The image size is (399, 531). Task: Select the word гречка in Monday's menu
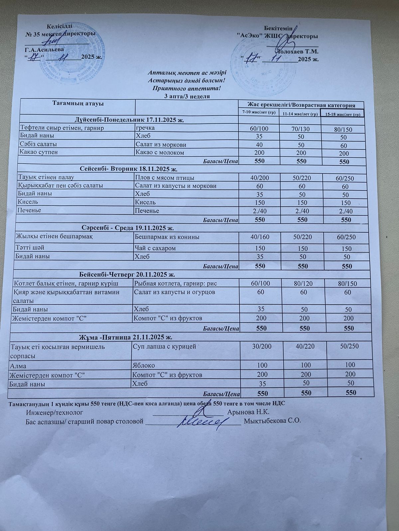click(145, 128)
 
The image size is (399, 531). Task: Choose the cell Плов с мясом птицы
click(165, 178)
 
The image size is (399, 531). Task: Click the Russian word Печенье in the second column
click(147, 211)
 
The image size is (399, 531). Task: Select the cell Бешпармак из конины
click(167, 237)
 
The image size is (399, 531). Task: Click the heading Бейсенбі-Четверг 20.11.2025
click(127, 274)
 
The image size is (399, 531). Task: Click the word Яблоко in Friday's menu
click(144, 365)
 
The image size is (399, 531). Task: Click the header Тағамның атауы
click(78, 104)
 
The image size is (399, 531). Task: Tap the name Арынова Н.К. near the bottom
click(248, 412)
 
